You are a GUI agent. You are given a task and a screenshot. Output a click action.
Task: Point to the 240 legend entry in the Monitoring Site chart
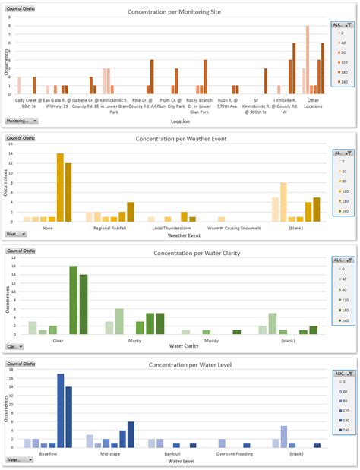[342, 82]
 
